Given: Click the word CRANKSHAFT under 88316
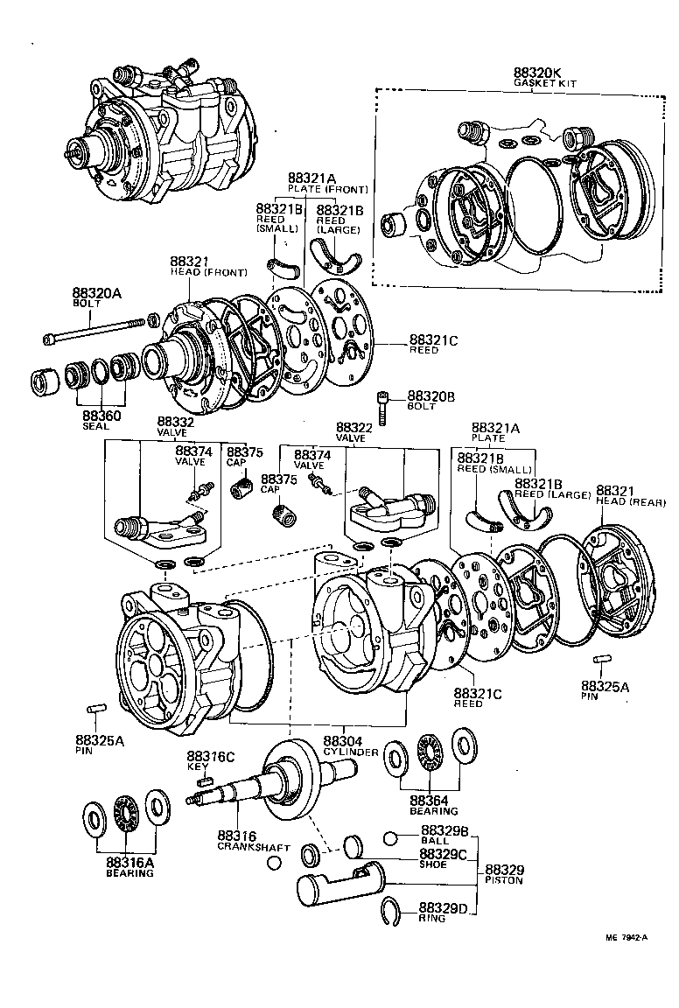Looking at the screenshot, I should [241, 847].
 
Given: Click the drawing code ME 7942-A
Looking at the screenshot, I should [626, 937].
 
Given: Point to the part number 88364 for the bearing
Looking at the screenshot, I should [429, 801].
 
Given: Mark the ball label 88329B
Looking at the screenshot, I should [444, 829].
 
